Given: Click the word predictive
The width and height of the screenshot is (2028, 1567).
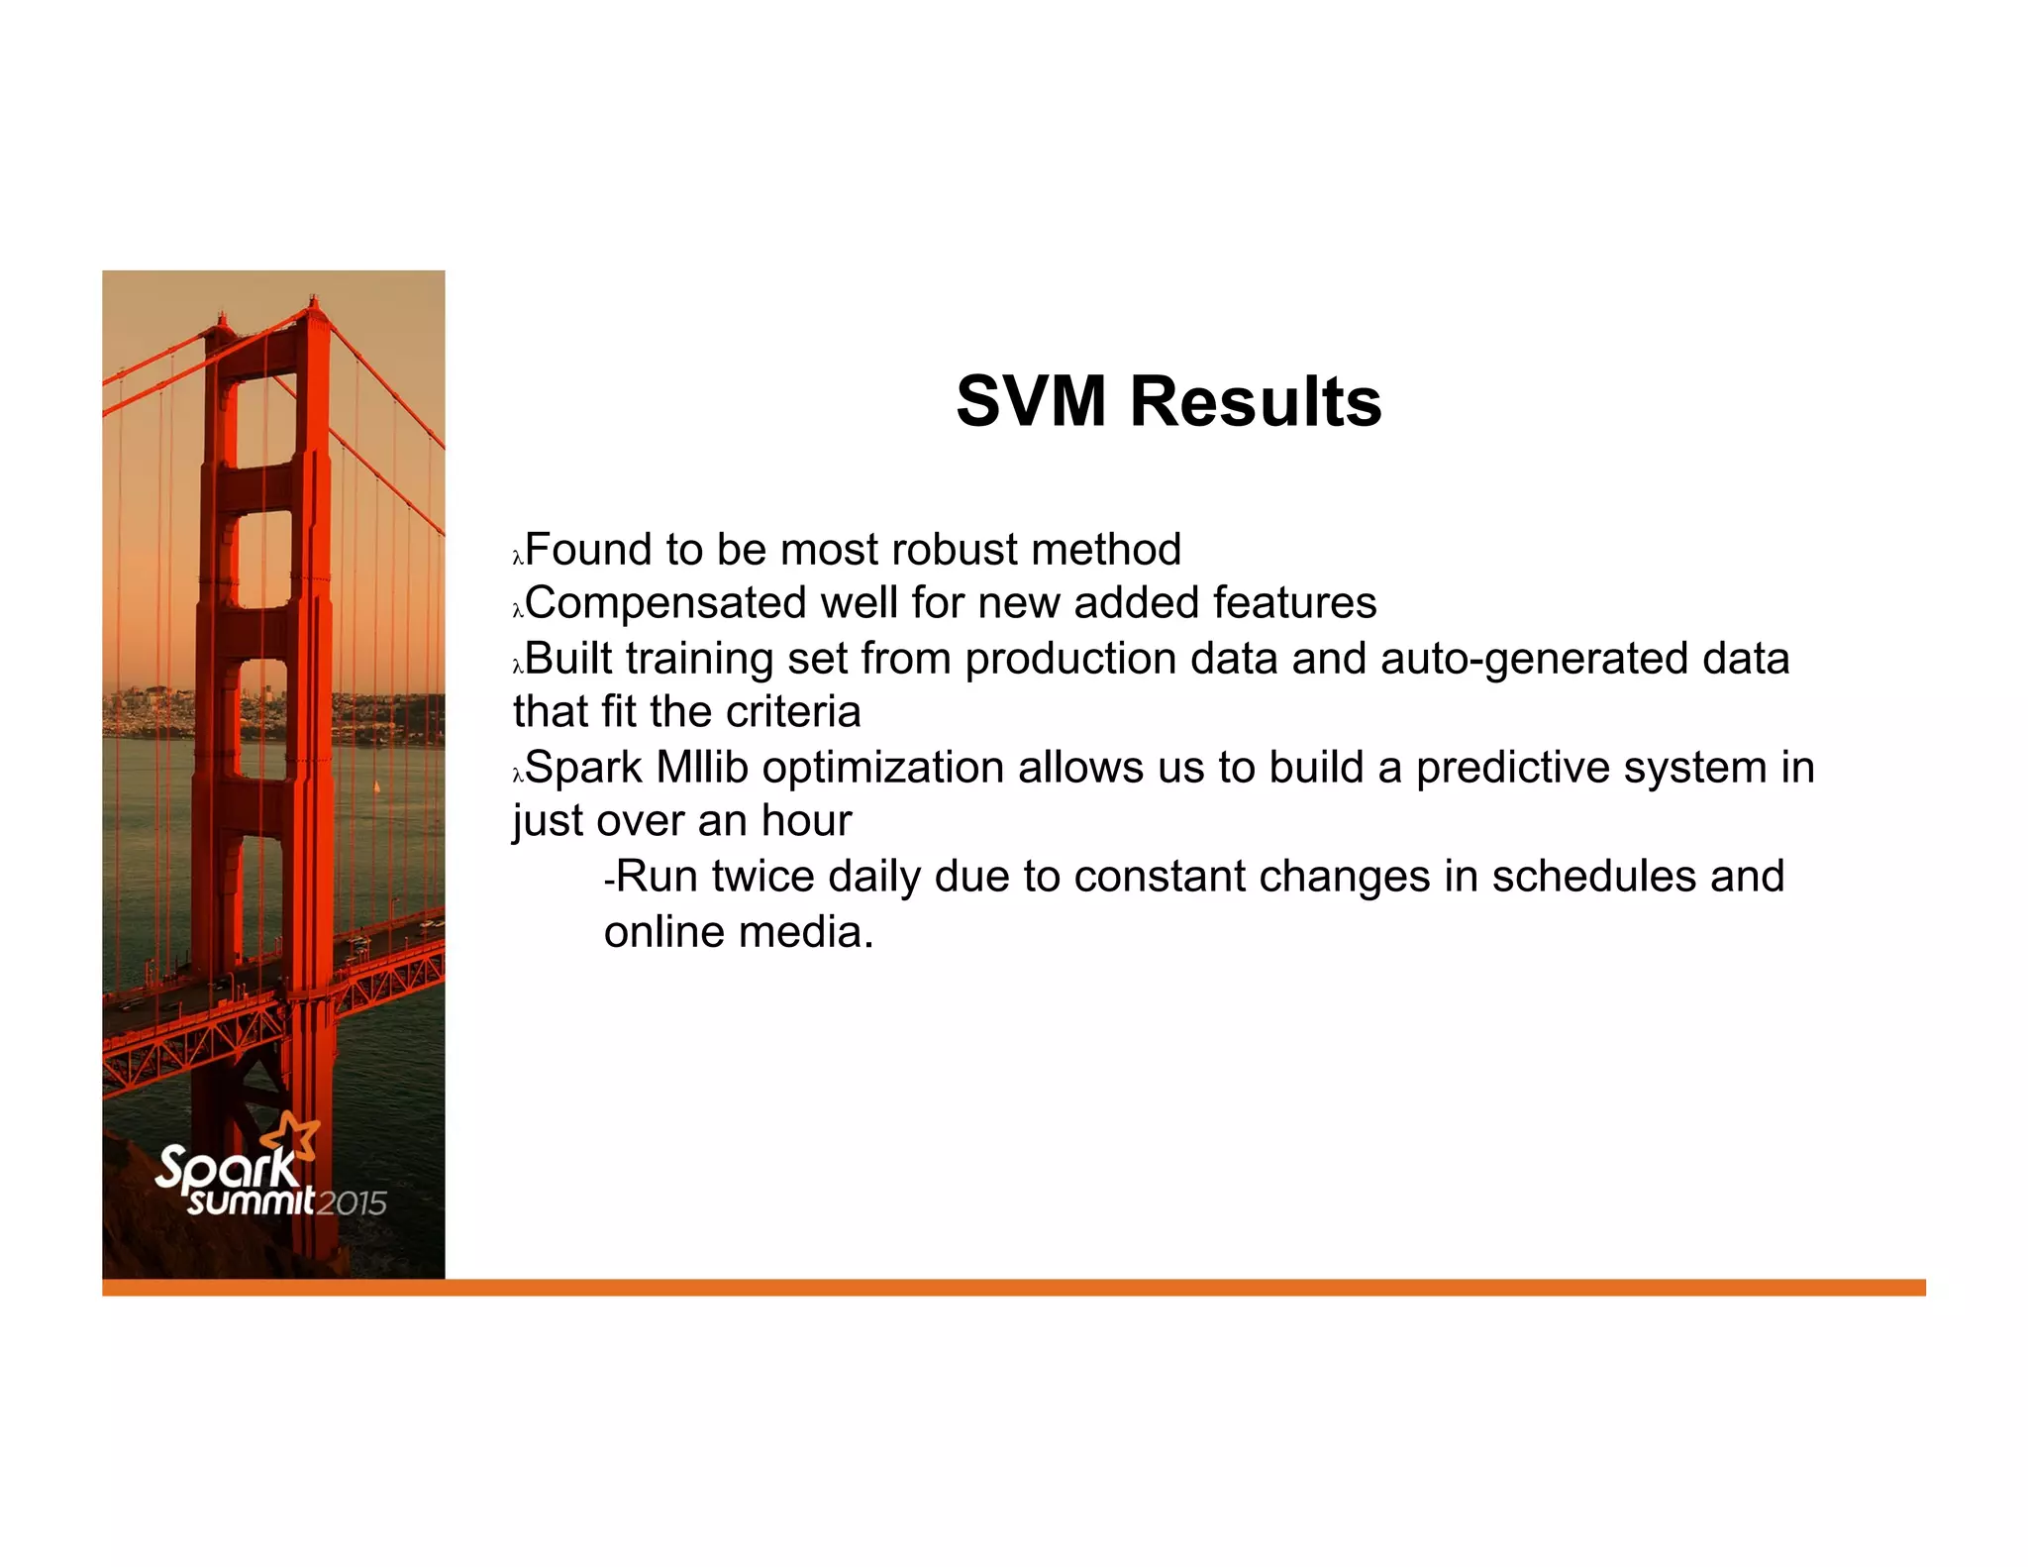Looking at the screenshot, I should pos(1515,768).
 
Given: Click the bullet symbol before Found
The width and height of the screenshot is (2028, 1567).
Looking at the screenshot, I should pos(517,559).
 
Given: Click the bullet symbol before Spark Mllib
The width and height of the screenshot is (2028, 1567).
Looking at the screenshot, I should pos(517,777).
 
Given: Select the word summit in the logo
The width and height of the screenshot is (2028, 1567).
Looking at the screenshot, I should pos(252,1201).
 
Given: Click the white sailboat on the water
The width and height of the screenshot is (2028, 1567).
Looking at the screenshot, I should pos(376,787).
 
